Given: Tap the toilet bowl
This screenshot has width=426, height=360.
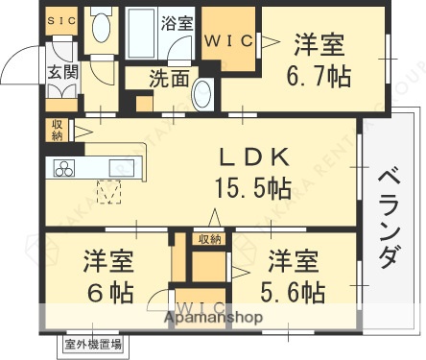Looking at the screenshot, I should click(101, 28).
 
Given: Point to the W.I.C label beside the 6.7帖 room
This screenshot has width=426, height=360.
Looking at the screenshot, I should click(226, 40).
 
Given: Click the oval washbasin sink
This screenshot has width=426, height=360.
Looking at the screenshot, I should click(203, 96).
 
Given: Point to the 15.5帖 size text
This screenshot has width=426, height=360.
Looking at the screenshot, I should click(250, 184).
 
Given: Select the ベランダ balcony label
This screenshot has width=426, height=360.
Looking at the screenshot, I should click(388, 217).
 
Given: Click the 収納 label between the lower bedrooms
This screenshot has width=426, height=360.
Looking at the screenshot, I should click(209, 238).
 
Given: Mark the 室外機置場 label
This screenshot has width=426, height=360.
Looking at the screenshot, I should click(93, 344).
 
